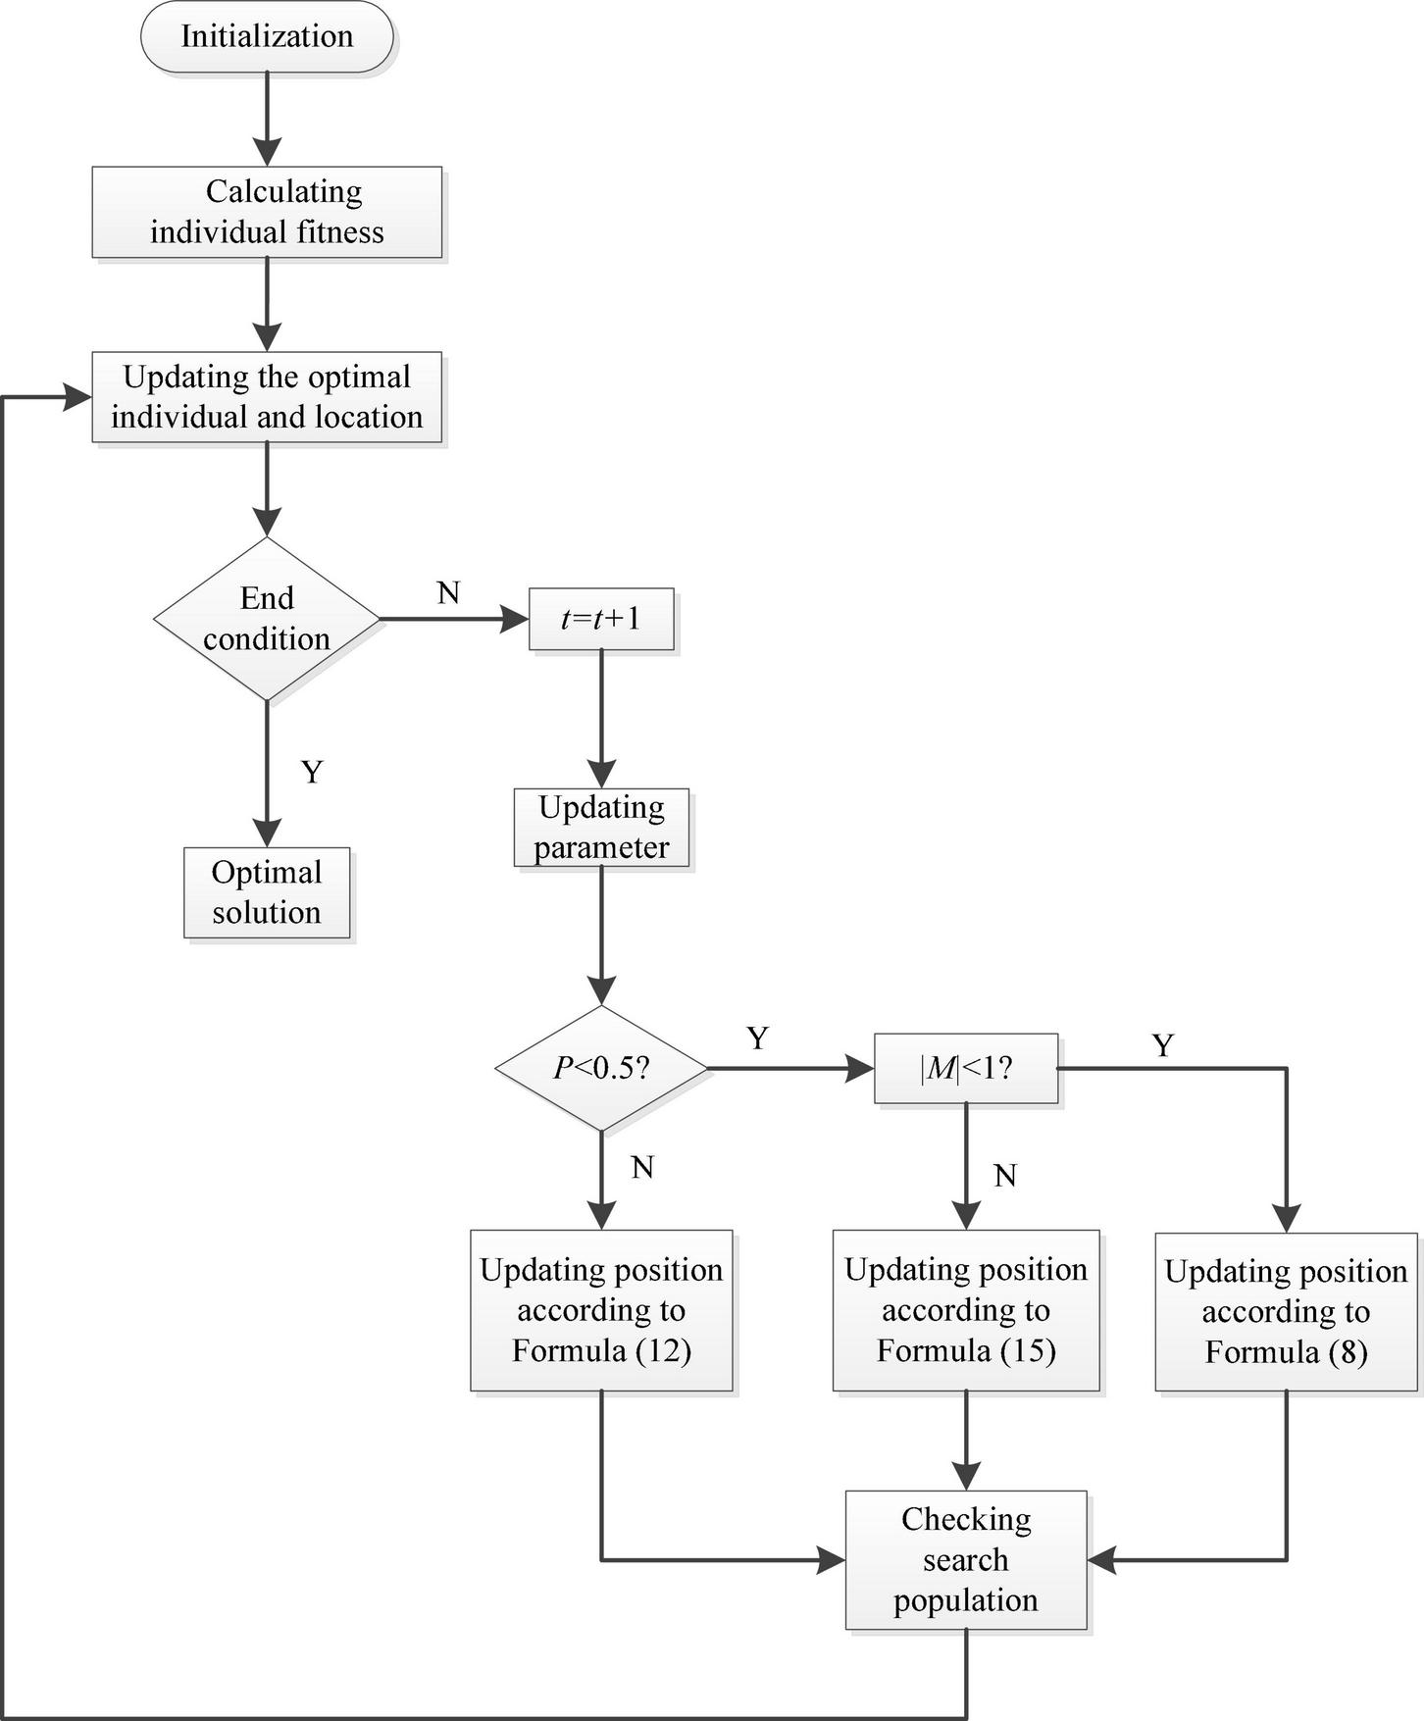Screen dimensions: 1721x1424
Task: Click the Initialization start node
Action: click(267, 37)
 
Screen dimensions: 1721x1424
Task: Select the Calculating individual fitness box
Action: click(267, 212)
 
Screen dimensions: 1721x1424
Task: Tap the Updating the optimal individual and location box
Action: click(267, 397)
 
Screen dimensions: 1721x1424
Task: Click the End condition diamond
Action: click(267, 619)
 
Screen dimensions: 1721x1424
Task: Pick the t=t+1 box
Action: click(601, 619)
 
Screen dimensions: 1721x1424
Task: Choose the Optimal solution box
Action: click(267, 892)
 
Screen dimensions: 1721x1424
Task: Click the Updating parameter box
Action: click(601, 828)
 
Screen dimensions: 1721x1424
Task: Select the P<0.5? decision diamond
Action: click(601, 1068)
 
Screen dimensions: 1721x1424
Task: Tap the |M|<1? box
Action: click(966, 1068)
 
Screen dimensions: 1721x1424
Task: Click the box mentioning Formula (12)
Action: click(601, 1310)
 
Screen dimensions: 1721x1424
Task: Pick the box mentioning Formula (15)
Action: click(966, 1310)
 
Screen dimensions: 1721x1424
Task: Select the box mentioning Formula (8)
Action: click(1286, 1311)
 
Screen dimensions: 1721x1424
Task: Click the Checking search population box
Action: click(966, 1559)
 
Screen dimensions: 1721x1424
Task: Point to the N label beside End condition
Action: click(448, 592)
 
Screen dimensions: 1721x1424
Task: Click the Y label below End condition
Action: click(312, 773)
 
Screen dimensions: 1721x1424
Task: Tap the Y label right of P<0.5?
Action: click(757, 1038)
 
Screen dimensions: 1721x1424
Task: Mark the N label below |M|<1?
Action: click(1005, 1176)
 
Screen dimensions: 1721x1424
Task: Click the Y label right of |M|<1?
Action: click(1163, 1046)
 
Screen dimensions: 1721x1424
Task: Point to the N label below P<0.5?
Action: click(642, 1167)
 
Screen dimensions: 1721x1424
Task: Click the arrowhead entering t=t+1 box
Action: click(516, 619)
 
